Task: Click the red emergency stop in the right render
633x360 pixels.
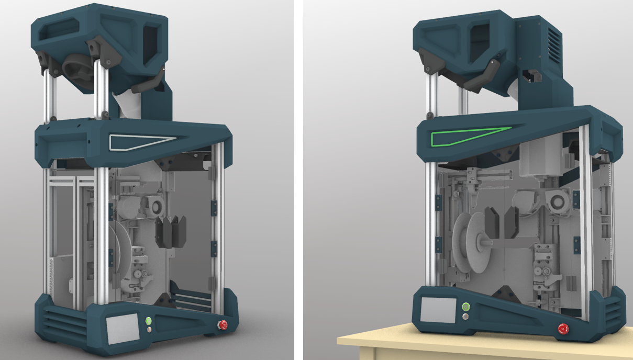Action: (563, 329)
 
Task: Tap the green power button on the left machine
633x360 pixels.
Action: (149, 321)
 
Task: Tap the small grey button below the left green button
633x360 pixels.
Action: (149, 330)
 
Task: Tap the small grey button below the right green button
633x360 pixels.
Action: (465, 317)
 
